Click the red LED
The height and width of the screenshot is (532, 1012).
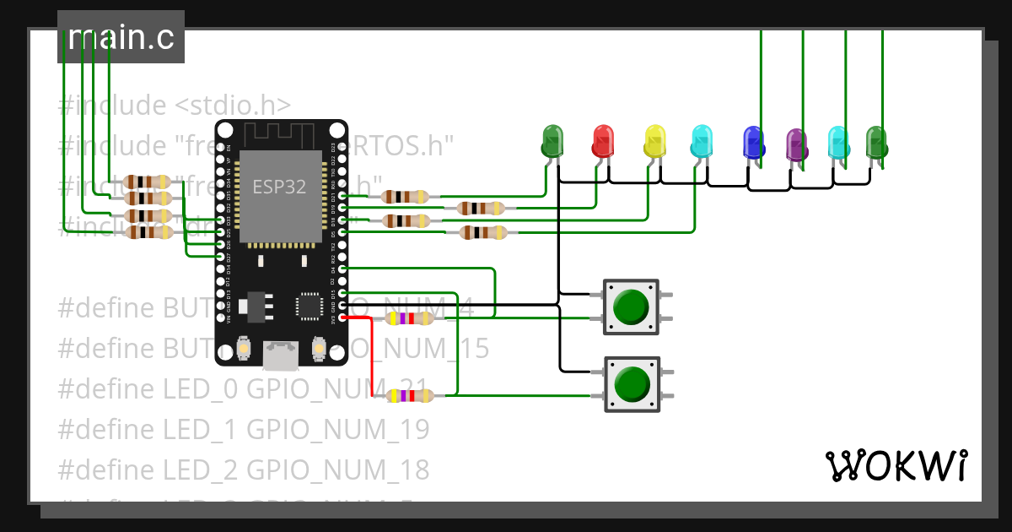603,140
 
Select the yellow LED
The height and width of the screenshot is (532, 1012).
654,141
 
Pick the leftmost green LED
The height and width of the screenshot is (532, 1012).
552,140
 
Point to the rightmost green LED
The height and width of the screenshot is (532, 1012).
876,142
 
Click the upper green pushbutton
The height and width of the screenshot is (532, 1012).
631,307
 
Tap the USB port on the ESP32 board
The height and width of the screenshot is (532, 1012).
281,356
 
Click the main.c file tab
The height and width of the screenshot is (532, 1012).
121,37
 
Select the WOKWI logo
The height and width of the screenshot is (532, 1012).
896,465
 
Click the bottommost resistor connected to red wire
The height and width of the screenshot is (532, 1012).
409,395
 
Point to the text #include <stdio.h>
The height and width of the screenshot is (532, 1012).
175,106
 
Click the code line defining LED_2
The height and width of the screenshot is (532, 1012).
244,470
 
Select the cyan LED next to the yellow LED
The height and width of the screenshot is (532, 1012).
701,141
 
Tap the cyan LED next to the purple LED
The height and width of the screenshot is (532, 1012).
837,142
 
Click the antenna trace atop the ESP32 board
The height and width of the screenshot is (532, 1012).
280,133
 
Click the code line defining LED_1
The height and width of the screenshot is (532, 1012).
244,429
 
